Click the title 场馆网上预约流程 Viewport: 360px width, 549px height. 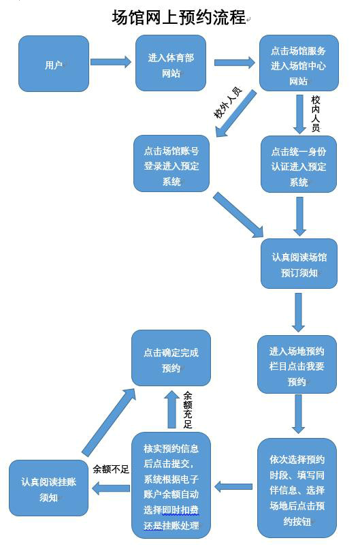[179, 17]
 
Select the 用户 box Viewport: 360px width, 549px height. [54, 64]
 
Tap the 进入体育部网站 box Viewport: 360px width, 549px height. [171, 63]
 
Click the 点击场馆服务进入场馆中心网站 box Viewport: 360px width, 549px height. [299, 63]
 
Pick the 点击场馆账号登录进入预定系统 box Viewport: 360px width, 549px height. [171, 163]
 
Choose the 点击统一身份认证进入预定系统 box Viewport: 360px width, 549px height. [299, 164]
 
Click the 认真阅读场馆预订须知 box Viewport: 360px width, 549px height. [299, 264]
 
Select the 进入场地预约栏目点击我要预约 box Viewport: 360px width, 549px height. [297, 364]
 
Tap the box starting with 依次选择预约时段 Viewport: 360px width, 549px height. [297, 488]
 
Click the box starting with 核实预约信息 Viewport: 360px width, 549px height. [171, 485]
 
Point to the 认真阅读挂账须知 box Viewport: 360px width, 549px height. [48, 488]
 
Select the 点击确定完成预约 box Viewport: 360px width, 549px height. [171, 358]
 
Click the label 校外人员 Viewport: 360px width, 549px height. [228, 103]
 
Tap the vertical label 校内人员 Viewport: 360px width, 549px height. [316, 114]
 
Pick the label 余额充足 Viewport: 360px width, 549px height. [188, 410]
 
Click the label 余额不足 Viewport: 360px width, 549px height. [111, 469]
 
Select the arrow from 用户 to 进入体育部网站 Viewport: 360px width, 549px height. [111, 62]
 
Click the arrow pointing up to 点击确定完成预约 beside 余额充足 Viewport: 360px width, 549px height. [171, 409]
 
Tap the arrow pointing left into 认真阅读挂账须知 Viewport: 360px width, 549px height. [110, 488]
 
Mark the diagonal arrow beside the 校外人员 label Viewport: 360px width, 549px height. [236, 113]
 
